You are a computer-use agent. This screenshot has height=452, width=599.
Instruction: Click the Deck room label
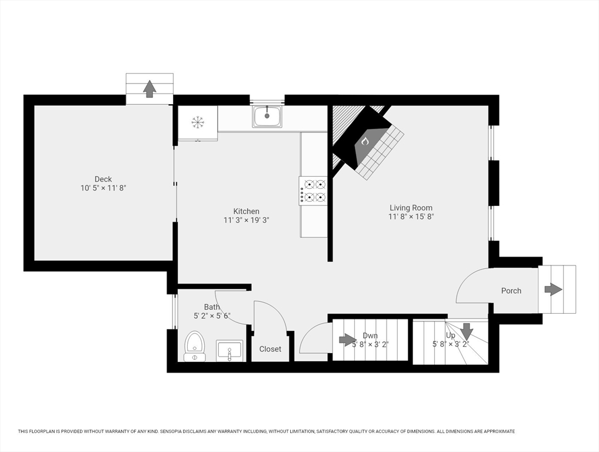(103, 179)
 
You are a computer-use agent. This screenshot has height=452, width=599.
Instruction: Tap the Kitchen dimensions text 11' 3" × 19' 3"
(247, 220)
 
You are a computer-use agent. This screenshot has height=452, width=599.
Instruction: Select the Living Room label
(411, 208)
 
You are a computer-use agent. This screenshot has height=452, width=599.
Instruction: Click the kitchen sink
(267, 117)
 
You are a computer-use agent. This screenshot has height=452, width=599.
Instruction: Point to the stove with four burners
(313, 191)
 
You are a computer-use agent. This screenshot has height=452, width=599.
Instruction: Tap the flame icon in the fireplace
(365, 142)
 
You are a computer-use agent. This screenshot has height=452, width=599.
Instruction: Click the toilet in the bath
(195, 346)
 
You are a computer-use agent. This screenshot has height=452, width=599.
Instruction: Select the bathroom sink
(229, 350)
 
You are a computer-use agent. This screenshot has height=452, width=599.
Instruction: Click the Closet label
(270, 349)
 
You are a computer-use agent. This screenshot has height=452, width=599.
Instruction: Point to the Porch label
(511, 291)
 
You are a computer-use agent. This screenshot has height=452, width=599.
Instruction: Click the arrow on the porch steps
(553, 290)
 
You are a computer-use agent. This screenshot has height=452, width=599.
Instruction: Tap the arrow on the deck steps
(149, 89)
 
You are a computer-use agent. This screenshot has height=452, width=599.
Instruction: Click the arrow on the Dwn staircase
(348, 339)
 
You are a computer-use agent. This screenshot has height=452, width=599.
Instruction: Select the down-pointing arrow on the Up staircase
(466, 331)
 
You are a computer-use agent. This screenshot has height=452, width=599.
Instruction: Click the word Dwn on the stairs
(370, 335)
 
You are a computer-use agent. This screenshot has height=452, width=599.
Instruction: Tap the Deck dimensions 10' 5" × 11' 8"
(103, 188)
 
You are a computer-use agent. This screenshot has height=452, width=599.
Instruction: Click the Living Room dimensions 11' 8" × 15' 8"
(411, 217)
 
